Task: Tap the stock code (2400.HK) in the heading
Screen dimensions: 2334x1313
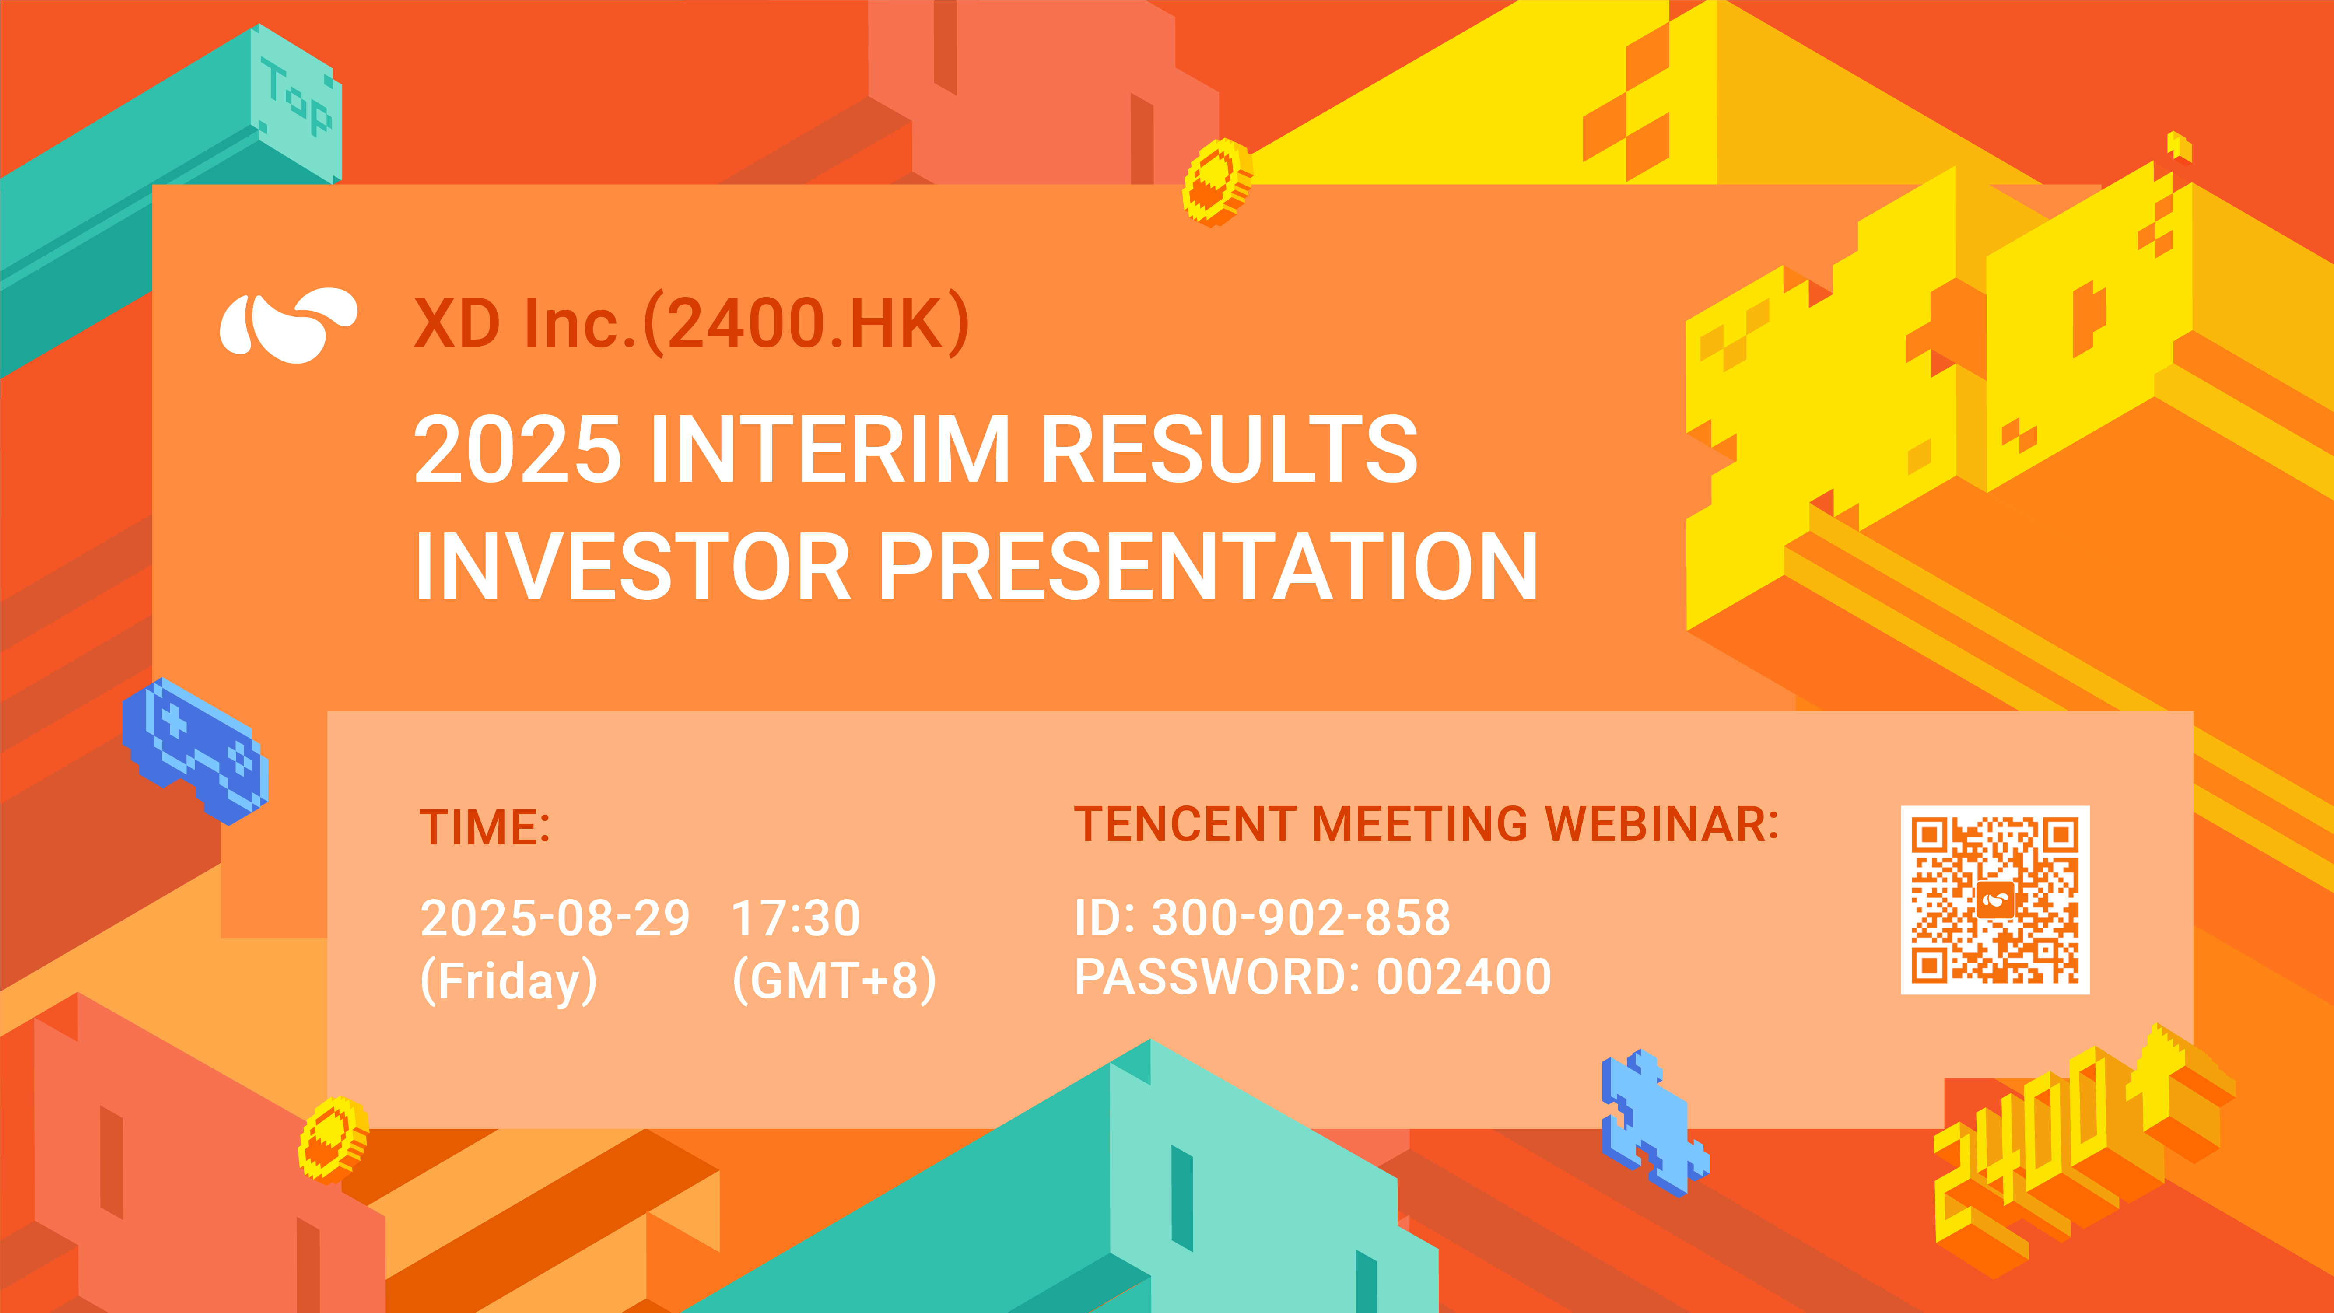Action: [806, 323]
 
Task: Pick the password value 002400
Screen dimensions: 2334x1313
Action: [1464, 977]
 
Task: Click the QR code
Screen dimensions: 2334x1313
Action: [1995, 900]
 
